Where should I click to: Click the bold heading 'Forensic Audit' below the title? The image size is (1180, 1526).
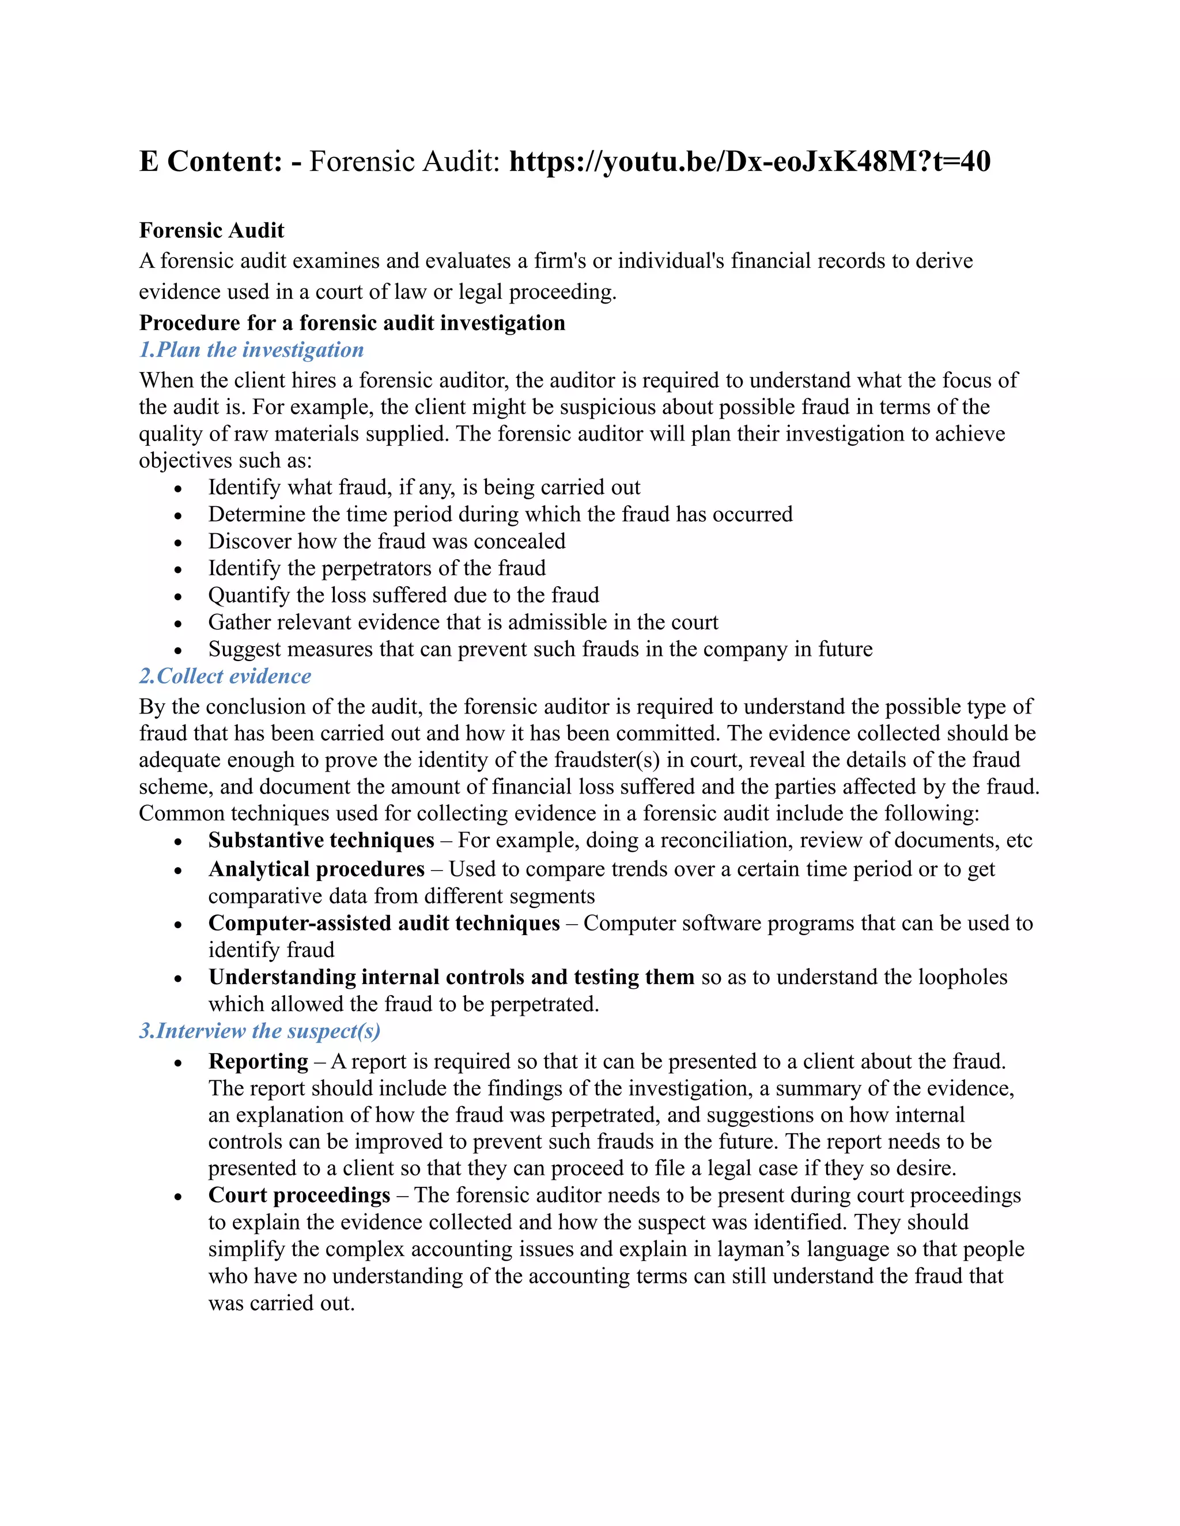[x=211, y=230]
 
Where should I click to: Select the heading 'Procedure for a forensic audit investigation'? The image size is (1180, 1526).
[x=351, y=323]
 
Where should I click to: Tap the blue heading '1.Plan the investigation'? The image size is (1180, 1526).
[x=251, y=350]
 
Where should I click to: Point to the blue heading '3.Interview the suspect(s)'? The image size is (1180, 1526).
[x=259, y=1031]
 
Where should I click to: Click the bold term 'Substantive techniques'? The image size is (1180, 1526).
[x=321, y=841]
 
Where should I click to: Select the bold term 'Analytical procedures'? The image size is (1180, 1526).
[x=316, y=869]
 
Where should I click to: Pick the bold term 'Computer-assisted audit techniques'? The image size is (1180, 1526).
[x=384, y=924]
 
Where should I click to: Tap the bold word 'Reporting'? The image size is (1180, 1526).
[x=258, y=1061]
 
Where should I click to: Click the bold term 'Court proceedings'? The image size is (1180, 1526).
[x=299, y=1195]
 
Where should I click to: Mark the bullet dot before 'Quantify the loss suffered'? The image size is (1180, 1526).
[x=178, y=596]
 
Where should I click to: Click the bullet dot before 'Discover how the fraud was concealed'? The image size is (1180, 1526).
[x=178, y=542]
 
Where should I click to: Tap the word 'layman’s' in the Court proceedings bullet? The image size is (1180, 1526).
[x=754, y=1250]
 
